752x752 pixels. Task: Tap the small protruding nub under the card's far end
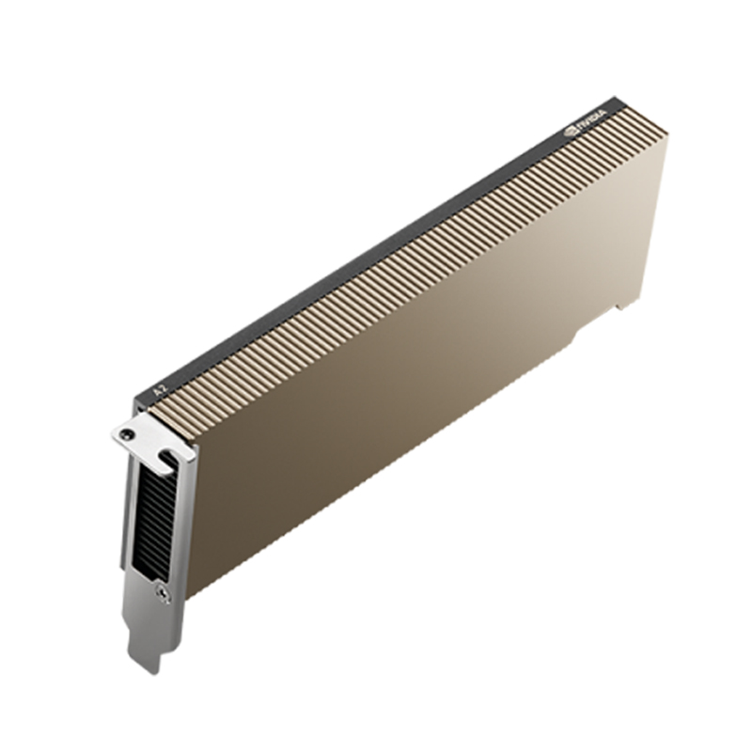pyautogui.click(x=619, y=303)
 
